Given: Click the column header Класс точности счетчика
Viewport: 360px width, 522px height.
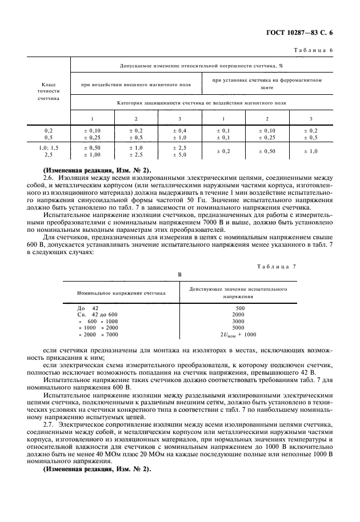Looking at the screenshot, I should (x=49, y=90).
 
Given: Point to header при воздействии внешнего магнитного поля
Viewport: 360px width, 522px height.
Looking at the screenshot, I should (x=136, y=85).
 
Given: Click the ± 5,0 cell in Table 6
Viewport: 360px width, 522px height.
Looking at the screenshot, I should (x=180, y=154).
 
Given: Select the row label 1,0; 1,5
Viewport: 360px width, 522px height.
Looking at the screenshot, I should (x=49, y=147).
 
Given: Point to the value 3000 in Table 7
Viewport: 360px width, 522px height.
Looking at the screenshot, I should (x=239, y=322).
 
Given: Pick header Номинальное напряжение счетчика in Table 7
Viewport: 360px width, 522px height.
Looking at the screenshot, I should (x=121, y=292).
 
